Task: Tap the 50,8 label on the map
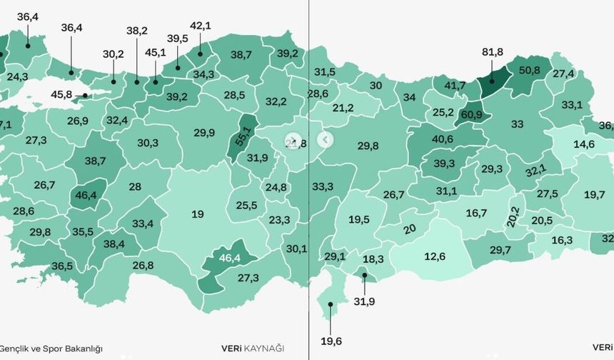(529, 70)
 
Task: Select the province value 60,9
(472, 114)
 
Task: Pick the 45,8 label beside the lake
(62, 95)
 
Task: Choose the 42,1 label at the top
(200, 26)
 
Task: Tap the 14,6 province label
(584, 144)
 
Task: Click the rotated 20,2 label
(513, 214)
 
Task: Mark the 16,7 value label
(476, 213)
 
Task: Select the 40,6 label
(442, 139)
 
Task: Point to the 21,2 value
(343, 108)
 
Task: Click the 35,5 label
(82, 231)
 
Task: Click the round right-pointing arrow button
(291, 140)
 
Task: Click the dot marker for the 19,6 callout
(331, 305)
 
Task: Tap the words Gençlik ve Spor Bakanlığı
(51, 349)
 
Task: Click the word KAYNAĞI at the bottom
(264, 349)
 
